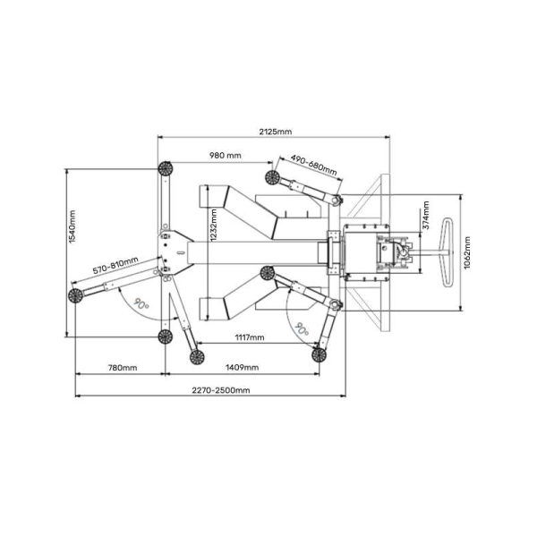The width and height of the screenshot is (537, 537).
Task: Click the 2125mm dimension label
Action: (x=276, y=132)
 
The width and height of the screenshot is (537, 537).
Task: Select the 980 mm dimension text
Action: (x=226, y=156)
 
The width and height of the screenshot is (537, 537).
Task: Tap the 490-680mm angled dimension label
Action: (x=314, y=165)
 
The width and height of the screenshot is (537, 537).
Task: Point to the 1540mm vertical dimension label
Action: (x=72, y=226)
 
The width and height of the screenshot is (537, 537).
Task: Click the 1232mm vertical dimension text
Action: (x=214, y=226)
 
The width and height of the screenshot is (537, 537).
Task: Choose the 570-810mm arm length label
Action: (x=115, y=265)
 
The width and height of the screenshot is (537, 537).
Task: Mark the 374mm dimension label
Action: (x=426, y=215)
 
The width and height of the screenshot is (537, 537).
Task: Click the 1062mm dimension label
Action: (x=467, y=252)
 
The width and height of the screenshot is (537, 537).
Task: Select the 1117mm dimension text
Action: (x=250, y=337)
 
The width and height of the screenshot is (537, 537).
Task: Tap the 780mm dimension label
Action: (x=123, y=368)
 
